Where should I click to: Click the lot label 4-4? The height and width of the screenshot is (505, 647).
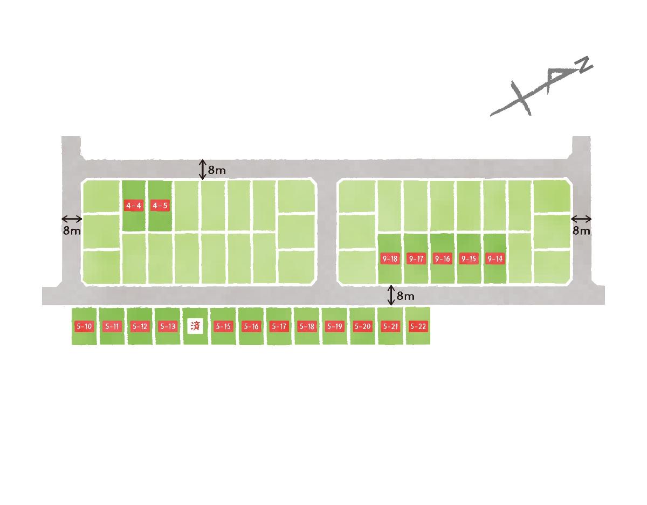pos(134,205)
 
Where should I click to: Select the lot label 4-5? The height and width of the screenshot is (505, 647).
pos(160,205)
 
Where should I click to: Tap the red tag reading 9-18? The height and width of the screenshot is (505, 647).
pos(390,258)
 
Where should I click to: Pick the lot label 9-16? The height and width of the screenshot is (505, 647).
pos(442,258)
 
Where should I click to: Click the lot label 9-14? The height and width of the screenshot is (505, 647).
pos(495,258)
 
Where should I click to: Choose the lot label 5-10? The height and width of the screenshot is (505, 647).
pos(84,326)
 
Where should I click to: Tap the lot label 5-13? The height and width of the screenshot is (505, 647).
pos(168,326)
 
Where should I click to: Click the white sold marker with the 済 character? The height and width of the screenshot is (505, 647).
pos(195,326)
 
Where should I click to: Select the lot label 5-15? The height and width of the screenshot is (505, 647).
pos(223,326)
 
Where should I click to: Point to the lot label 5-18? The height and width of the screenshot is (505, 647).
pos(307,326)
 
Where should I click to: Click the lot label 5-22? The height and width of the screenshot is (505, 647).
pos(418,326)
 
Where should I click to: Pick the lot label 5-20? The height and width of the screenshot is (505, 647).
pos(362,326)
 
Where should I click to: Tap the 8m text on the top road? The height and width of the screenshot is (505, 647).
pos(217,170)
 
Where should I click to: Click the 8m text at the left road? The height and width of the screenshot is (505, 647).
pos(72,230)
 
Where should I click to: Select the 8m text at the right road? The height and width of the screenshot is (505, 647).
pos(582,230)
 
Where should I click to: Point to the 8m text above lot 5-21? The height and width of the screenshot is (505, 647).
pos(405,296)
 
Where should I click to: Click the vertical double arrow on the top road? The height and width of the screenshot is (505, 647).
pos(203,170)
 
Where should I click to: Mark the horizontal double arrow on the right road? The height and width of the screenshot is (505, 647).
pos(581,219)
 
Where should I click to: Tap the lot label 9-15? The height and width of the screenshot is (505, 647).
pos(469,258)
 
